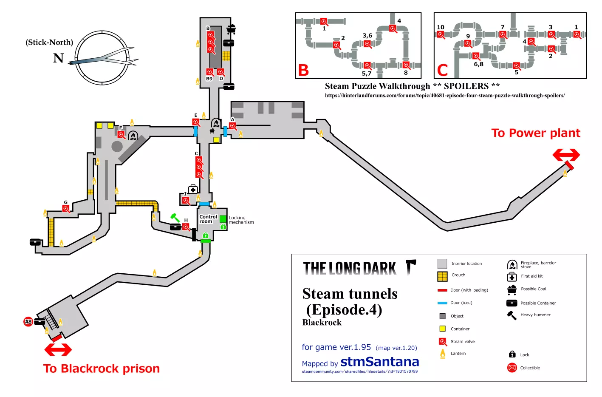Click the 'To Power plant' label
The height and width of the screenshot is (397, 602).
click(535, 133)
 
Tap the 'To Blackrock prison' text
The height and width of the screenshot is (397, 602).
click(102, 369)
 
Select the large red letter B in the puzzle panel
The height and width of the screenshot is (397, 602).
click(303, 70)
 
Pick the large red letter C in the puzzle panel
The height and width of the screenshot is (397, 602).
click(442, 70)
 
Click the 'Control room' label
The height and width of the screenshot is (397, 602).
click(208, 219)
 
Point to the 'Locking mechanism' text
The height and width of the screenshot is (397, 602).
click(241, 220)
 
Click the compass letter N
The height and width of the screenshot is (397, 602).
click(58, 58)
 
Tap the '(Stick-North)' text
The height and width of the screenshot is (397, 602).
click(49, 42)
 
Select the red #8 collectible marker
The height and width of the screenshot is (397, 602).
click(28, 322)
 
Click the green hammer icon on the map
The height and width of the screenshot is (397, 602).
click(175, 218)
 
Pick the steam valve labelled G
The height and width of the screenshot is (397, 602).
click(66, 209)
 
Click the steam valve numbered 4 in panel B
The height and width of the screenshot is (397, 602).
click(393, 29)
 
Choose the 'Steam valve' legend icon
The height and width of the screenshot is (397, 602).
click(443, 342)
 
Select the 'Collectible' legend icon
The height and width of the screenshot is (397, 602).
click(512, 368)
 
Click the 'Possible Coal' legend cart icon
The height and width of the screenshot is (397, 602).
click(512, 290)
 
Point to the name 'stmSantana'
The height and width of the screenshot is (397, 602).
click(379, 362)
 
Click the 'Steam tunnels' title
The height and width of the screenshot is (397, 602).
click(350, 294)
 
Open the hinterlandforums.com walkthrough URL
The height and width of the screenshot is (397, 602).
click(445, 96)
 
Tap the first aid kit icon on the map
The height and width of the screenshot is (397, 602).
click(193, 189)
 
